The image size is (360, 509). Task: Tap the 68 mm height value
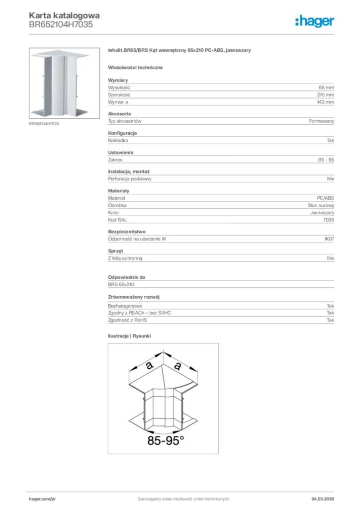pos(326,87)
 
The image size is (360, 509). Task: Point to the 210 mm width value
pos(325,94)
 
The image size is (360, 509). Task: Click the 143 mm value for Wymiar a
pos(325,102)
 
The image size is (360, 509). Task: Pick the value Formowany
pos(322,121)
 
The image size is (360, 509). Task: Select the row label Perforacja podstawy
pos(130,178)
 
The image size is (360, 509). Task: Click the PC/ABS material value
pos(326,198)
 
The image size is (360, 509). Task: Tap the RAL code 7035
pos(328,220)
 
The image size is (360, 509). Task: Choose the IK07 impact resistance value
pos(329,239)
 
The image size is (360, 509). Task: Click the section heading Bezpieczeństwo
pos(126,232)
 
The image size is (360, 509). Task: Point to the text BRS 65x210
pos(121,284)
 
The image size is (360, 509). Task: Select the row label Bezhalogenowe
pos(125,306)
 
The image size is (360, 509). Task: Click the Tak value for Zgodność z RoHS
pos(330,320)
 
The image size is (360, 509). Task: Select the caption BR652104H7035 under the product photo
pos(44,124)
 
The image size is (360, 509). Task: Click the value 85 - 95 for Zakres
pos(326,160)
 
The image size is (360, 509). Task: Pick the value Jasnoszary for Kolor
pos(322,212)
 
